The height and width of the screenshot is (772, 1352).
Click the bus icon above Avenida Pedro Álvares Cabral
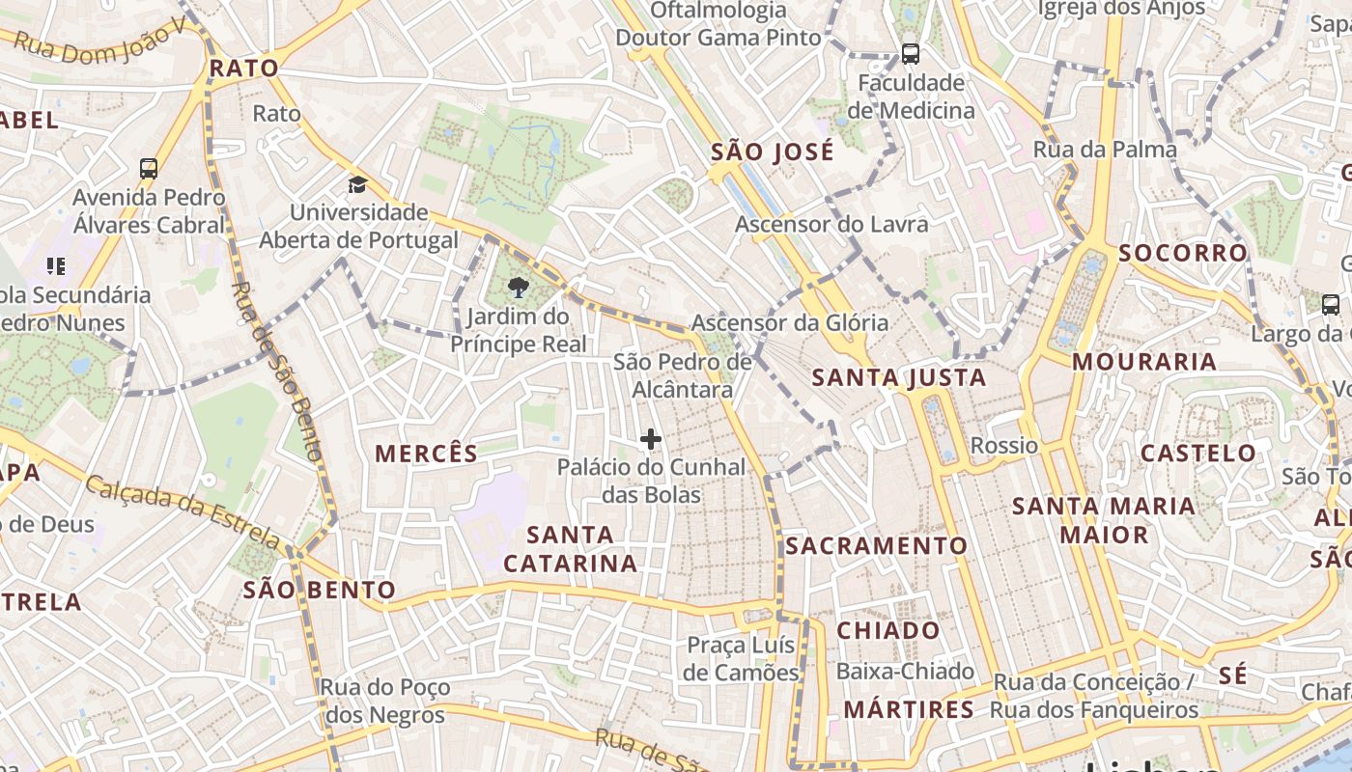coord(149,169)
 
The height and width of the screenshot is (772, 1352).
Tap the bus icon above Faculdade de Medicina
coord(910,54)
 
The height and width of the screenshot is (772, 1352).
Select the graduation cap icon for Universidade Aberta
coord(358,184)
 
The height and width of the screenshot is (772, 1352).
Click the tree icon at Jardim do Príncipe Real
coord(519,286)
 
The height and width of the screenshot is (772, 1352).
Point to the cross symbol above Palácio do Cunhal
coord(651,440)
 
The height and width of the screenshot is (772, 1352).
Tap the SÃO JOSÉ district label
coord(772,152)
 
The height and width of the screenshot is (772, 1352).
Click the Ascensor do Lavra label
coord(831,224)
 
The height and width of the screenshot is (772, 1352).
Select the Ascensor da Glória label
coord(790,322)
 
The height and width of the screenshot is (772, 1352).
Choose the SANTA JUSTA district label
coord(899,377)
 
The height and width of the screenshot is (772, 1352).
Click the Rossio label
coord(1004,446)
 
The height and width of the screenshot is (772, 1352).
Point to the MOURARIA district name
coord(1144,362)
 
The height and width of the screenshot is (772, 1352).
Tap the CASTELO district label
coord(1198,453)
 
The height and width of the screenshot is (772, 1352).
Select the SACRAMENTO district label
coord(876,546)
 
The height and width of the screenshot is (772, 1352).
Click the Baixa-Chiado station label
coord(906,671)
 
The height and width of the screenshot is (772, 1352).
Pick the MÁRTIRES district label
coord(909,710)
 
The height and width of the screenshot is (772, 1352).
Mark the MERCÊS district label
coord(427,454)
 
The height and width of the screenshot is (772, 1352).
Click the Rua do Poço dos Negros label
coord(385,702)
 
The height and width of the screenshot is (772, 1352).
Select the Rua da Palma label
coord(1105,150)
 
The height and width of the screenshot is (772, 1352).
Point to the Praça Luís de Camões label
coord(742,658)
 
